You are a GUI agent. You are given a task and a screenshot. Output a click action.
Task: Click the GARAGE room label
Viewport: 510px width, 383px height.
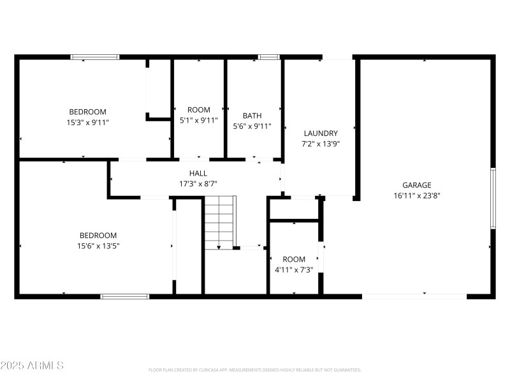(x=417, y=185)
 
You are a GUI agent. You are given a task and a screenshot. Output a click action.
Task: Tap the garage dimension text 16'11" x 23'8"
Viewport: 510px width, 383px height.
(x=417, y=196)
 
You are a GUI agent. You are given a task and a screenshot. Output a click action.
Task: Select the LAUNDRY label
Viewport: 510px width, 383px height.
(x=320, y=133)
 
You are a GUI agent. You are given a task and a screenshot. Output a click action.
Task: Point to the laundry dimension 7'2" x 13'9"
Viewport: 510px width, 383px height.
(x=320, y=144)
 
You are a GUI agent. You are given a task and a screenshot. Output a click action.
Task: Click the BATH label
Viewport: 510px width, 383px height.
(x=252, y=116)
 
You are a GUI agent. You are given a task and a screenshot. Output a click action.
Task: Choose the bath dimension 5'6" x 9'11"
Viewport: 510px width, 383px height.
(x=252, y=126)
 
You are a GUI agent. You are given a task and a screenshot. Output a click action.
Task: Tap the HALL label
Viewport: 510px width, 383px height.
(x=198, y=173)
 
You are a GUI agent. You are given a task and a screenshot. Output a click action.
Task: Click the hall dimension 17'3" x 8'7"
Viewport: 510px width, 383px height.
(x=198, y=184)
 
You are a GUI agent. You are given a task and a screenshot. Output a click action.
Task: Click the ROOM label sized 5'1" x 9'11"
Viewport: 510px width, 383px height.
(x=198, y=110)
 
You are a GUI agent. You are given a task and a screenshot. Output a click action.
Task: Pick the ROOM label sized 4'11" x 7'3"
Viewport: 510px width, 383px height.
(x=294, y=259)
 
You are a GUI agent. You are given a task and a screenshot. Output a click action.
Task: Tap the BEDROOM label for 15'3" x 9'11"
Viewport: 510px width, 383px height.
(x=88, y=112)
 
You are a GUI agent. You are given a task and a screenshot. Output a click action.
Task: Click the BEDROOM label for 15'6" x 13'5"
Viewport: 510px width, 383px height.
(x=98, y=235)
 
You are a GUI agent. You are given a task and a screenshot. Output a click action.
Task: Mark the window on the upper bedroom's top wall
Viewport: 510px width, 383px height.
(x=95, y=57)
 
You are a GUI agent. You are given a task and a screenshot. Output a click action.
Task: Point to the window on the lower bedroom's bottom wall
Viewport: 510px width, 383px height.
(x=125, y=296)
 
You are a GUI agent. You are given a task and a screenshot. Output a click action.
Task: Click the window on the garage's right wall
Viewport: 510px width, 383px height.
(x=492, y=198)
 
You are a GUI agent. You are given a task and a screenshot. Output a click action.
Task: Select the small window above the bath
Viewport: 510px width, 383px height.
(x=269, y=57)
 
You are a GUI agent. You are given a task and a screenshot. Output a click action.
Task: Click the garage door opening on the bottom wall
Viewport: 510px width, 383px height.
(x=414, y=296)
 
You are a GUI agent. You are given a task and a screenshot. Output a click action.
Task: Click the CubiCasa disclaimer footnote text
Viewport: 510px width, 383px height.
(x=255, y=370)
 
